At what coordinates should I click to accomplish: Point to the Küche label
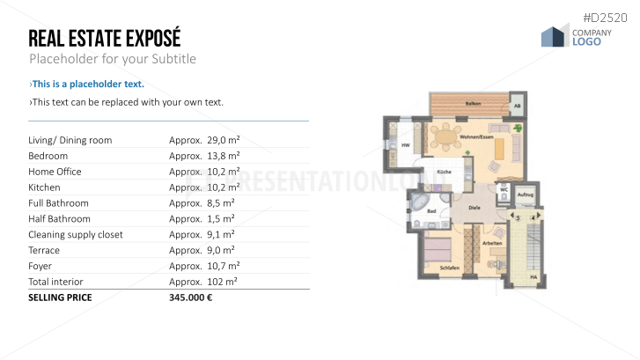click(445, 172)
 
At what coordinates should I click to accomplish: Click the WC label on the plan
click(503, 188)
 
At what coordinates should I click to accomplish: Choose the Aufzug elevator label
click(526, 194)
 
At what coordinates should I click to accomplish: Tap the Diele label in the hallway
click(474, 208)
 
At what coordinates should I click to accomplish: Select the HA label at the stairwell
click(533, 277)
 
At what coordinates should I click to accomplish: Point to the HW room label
click(406, 146)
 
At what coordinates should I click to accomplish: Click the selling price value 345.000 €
click(190, 298)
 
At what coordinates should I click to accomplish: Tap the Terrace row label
click(44, 250)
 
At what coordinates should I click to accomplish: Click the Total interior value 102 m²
click(203, 282)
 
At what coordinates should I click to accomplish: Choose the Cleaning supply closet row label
click(76, 234)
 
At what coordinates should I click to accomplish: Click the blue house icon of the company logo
click(554, 36)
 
